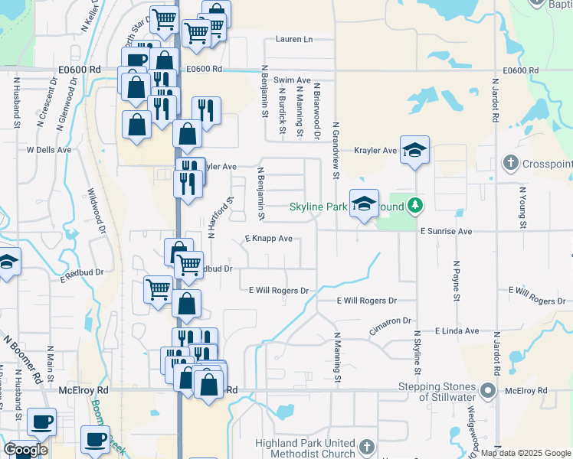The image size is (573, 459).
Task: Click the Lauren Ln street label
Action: tap(294, 39)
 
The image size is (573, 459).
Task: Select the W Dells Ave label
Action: tap(49, 150)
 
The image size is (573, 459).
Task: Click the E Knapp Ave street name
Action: tap(269, 239)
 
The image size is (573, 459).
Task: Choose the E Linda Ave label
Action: tap(457, 331)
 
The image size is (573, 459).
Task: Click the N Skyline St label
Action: tap(418, 353)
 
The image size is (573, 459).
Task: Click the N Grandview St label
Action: tap(336, 149)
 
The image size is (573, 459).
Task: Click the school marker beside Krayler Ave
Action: tap(414, 150)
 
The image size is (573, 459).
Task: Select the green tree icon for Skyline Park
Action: tap(414, 205)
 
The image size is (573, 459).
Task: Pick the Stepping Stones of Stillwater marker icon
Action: tap(489, 390)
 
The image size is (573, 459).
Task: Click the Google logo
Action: tap(25, 450)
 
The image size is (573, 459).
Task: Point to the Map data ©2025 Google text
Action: tap(526, 453)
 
